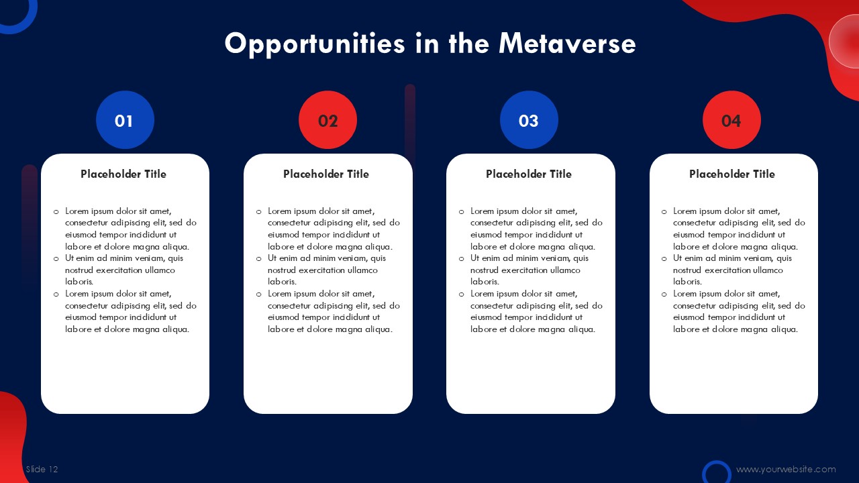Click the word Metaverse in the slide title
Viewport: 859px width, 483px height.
[567, 44]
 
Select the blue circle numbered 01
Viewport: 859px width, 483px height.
[125, 120]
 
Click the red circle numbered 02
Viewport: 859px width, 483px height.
[328, 120]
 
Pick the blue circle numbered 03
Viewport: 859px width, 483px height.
[529, 120]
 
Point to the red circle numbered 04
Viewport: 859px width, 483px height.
[731, 120]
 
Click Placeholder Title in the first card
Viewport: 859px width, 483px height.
[123, 174]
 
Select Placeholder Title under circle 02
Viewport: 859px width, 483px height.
[326, 174]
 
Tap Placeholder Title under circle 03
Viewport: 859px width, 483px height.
[529, 174]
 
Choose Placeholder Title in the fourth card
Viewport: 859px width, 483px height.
[732, 174]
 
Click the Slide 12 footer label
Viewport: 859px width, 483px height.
[42, 469]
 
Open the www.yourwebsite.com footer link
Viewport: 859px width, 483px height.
[786, 470]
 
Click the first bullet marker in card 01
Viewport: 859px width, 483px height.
[56, 211]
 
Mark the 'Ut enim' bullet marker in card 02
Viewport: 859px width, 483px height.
[259, 259]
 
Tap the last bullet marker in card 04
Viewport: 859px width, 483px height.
[664, 294]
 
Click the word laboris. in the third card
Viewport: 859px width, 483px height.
[485, 282]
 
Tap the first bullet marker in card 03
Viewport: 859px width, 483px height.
[461, 211]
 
